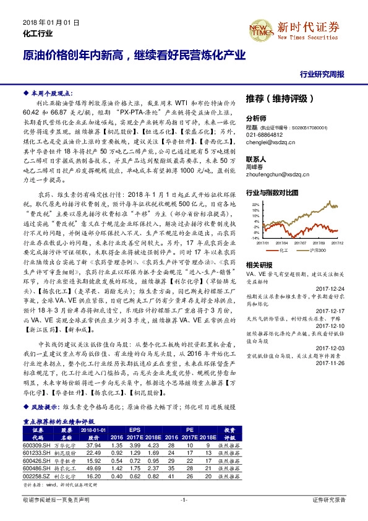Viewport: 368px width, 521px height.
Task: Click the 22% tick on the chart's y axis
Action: pos(254,203)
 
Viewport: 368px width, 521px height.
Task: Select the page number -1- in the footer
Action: pos(184,499)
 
